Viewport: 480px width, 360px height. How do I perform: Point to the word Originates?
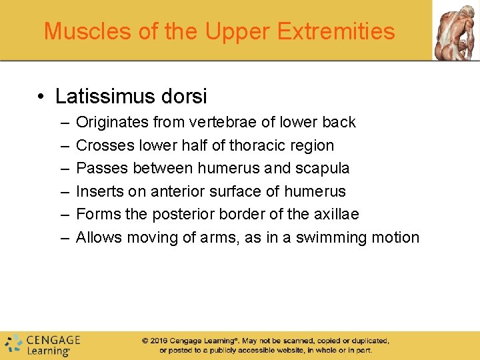coord(111,123)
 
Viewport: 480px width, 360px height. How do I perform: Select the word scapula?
coord(325,169)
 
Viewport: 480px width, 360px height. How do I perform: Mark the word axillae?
coord(335,215)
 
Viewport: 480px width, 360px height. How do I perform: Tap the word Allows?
coord(99,238)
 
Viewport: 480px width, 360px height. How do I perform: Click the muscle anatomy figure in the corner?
coord(456,30)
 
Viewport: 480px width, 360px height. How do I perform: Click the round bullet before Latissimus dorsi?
coord(41,97)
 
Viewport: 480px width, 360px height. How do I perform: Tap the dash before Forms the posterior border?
coord(63,215)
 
